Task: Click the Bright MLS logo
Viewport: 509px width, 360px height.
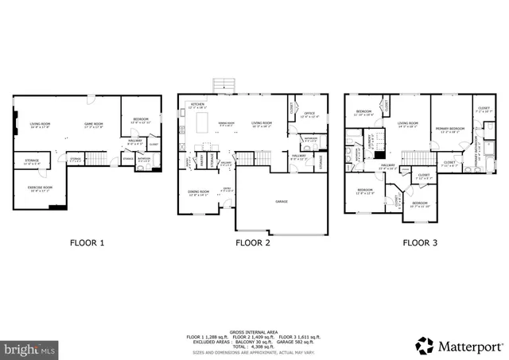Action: pyautogui.click(x=30, y=349)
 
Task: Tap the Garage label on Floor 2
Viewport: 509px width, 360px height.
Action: pyautogui.click(x=282, y=201)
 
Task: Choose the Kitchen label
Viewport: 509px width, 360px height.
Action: pyautogui.click(x=197, y=104)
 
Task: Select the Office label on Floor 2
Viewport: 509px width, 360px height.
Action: pyautogui.click(x=309, y=114)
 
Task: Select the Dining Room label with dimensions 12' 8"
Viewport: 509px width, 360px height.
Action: pyautogui.click(x=199, y=192)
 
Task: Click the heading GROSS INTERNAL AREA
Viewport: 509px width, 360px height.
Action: pyautogui.click(x=254, y=310)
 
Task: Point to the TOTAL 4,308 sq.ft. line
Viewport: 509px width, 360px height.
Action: pyautogui.click(x=254, y=328)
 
